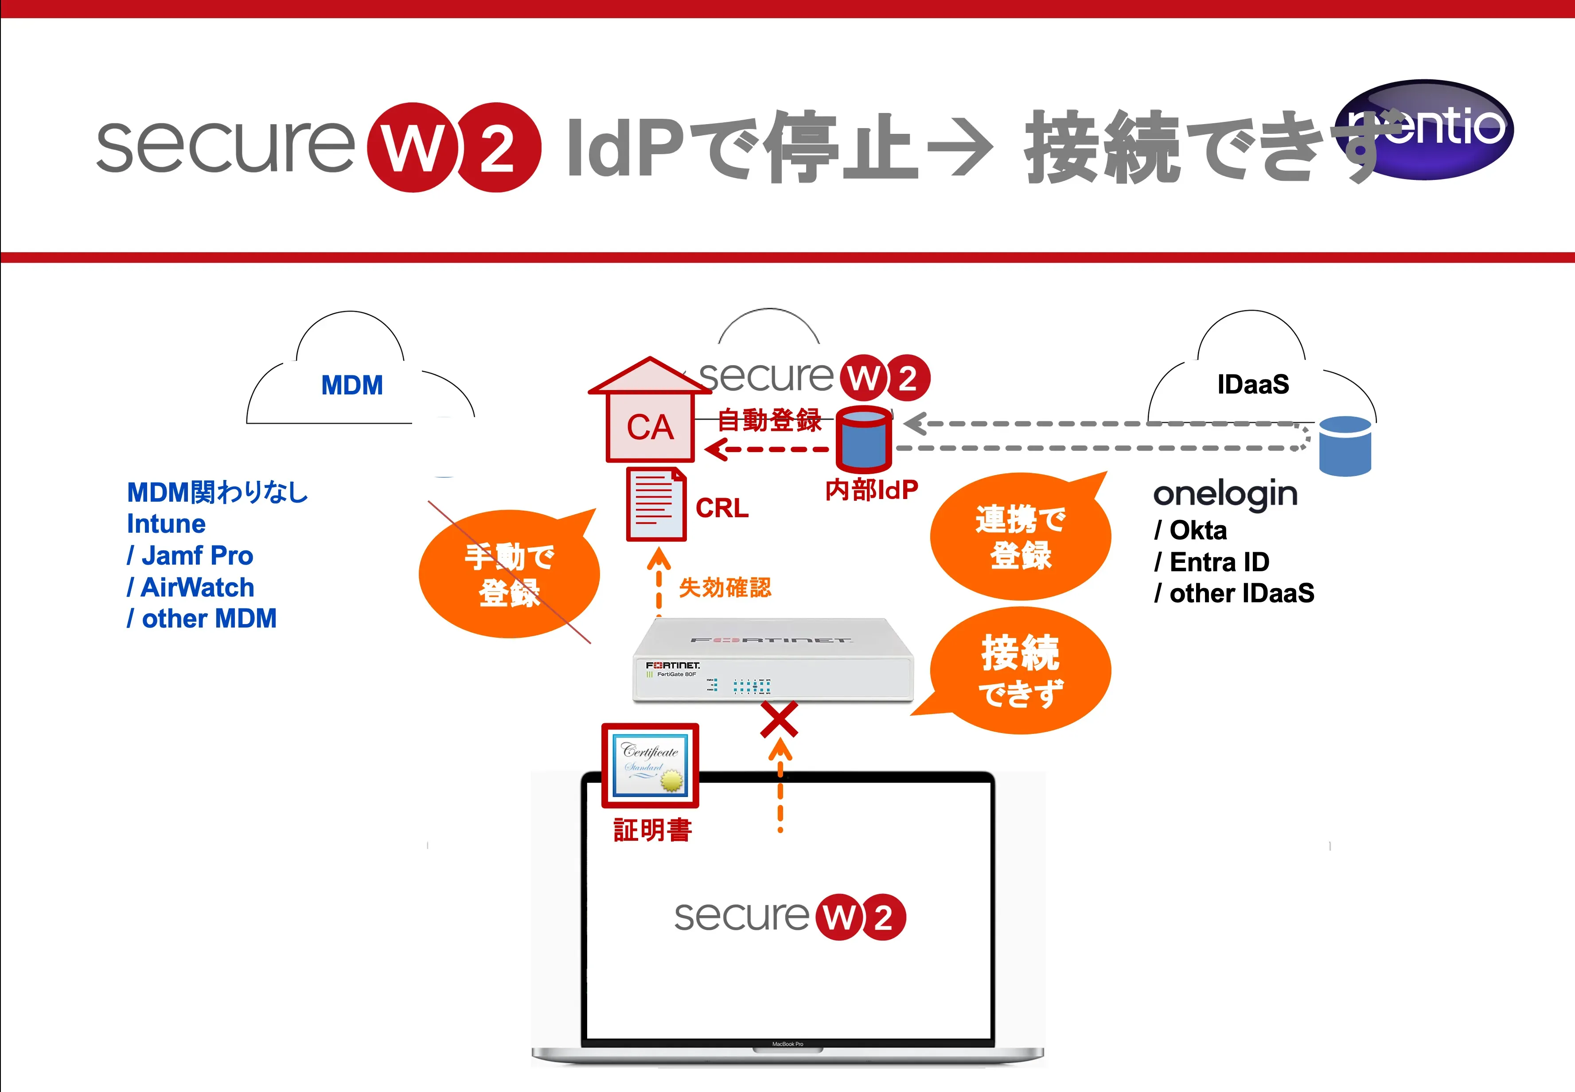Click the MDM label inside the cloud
pos(352,385)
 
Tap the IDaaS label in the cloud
pos(1253,385)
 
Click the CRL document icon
pos(655,504)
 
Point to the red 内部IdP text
pos(871,490)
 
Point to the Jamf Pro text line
pos(190,556)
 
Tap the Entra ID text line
pos(1212,562)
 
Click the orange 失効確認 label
pos(725,588)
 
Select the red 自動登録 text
pos(769,420)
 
